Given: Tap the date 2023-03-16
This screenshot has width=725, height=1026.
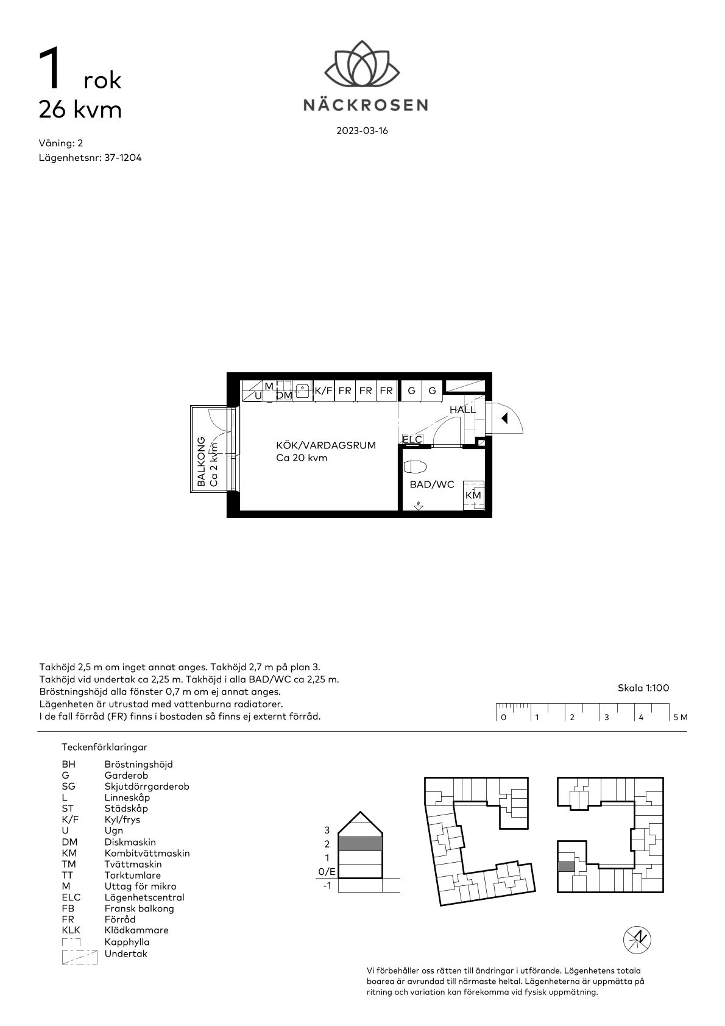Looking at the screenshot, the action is click(x=362, y=131).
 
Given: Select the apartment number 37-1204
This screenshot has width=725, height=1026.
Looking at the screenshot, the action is click(x=122, y=158).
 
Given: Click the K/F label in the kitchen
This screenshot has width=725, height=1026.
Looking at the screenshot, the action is click(x=324, y=391).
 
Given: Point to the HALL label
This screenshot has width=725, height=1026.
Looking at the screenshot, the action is click(x=462, y=409).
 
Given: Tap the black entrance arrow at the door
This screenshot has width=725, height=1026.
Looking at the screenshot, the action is click(x=504, y=418).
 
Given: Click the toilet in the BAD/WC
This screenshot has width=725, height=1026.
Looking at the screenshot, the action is click(x=415, y=467).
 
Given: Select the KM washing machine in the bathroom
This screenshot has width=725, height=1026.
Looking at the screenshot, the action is click(x=473, y=495).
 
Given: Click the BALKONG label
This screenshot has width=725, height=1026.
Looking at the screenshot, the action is click(x=200, y=461).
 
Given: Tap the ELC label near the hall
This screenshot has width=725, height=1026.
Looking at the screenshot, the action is click(x=412, y=440).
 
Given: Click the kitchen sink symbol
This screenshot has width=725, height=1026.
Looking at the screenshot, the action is click(x=302, y=391).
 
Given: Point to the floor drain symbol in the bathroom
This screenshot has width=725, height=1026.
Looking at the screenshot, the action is click(x=418, y=506).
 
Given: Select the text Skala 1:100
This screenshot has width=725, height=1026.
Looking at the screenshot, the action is click(x=643, y=688).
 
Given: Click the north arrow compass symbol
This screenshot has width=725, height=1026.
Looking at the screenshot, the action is click(x=637, y=940).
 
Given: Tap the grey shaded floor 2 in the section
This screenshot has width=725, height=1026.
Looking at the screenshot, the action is click(x=360, y=844).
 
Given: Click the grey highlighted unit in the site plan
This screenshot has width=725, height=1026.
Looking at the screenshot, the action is click(x=566, y=866).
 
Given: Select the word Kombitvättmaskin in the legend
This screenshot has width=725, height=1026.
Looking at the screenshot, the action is click(x=147, y=854).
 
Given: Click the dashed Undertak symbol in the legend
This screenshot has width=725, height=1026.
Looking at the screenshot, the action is click(x=80, y=958).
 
